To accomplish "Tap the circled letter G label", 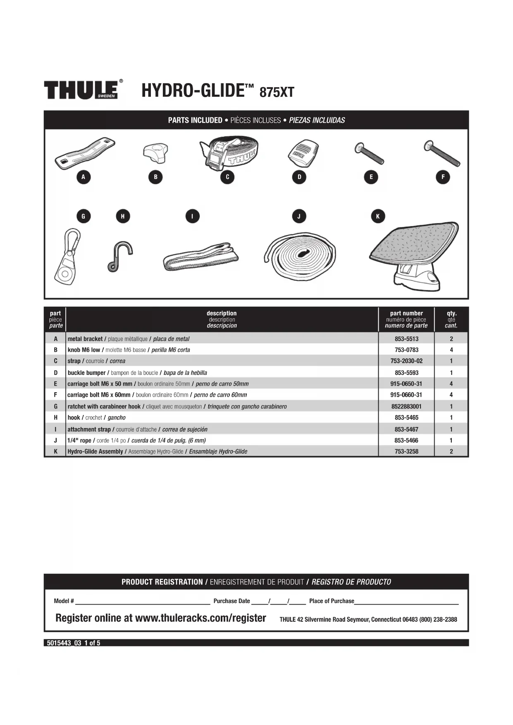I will pos(84,216).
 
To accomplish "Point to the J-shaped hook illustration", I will pos(120,257).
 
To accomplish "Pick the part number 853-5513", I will pos(406,339).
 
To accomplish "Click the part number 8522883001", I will pos(406,406).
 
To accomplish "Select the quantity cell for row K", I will pos(451,451).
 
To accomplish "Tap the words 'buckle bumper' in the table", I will pos(87,373).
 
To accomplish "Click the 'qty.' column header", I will pos(451,313).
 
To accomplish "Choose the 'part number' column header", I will pos(406,313).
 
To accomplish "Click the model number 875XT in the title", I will pos(277,92).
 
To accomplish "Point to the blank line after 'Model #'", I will pos(143,601).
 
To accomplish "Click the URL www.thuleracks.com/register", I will pos(200,618).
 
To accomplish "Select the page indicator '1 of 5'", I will pos(92,643).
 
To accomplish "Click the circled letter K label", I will pos(378,216).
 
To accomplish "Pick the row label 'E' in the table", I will pos(55,384).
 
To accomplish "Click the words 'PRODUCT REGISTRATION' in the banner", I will pos(162,582).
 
